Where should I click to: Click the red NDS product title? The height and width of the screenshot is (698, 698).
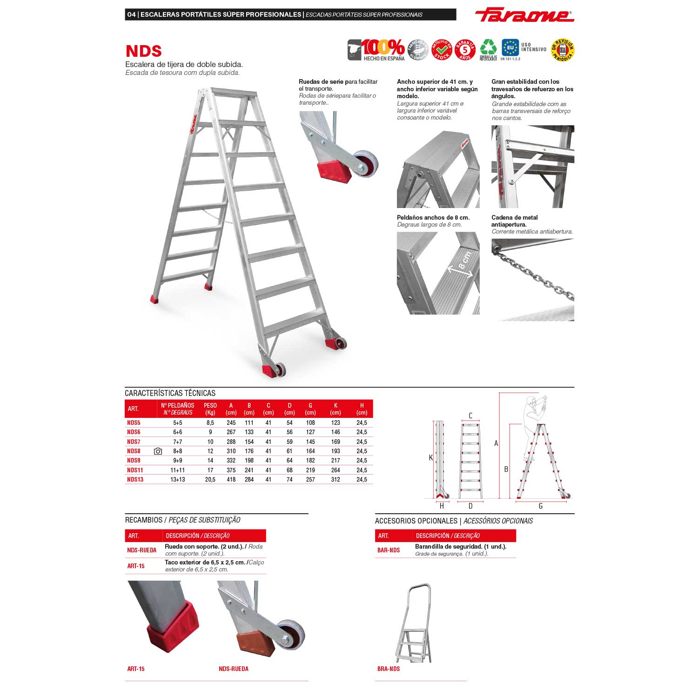pos(143,51)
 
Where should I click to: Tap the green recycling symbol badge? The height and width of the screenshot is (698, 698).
pos(488,48)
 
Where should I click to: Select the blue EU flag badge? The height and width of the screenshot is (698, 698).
pos(510,47)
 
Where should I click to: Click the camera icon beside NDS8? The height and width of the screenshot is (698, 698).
pos(158,451)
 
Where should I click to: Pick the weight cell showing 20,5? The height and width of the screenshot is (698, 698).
pos(210,479)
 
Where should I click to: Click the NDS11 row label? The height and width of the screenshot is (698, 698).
pos(135,470)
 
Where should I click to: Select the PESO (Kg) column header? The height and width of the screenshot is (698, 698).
pos(210,409)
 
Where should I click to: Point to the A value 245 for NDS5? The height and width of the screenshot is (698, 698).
pos(231,423)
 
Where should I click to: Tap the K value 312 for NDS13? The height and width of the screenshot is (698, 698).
pos(336,479)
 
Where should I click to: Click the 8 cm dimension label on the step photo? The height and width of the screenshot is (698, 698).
pos(464,261)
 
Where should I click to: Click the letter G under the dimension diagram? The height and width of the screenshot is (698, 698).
pos(541,506)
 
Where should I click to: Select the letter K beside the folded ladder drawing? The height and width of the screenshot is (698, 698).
pos(431,458)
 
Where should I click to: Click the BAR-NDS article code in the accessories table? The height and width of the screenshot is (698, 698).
pos(389,550)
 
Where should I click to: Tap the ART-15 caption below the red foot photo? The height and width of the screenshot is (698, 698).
pos(136,669)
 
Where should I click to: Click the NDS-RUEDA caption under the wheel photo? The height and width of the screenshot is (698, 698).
pos(234,669)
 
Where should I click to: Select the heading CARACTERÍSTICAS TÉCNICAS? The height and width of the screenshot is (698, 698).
pos(170,393)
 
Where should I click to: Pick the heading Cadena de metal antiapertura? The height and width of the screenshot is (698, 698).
pos(515,221)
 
